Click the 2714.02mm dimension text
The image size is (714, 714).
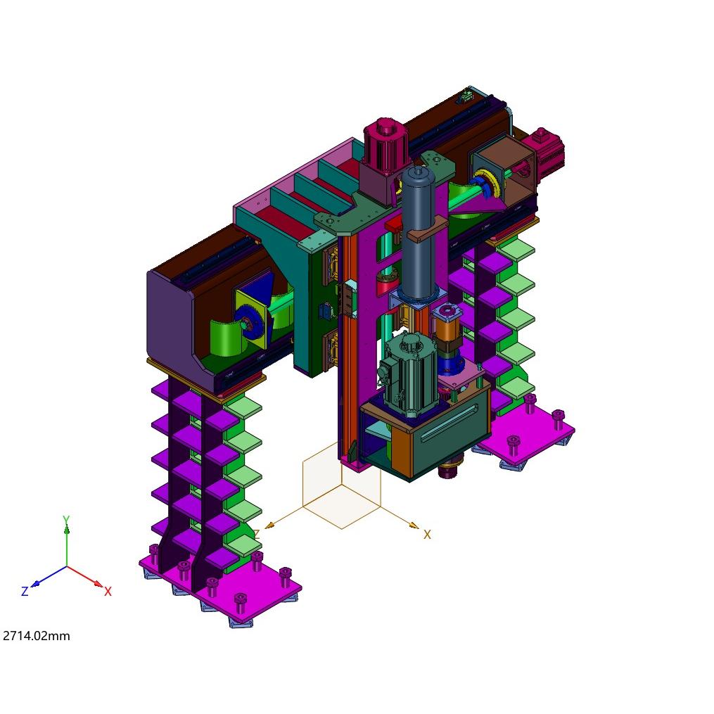point(37,636)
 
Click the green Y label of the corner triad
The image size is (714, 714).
point(66,520)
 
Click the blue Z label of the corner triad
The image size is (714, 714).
point(25,591)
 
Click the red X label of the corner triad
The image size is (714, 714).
point(108,592)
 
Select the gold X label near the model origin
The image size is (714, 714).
point(427,535)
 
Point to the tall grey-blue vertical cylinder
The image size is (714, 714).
point(419,234)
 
